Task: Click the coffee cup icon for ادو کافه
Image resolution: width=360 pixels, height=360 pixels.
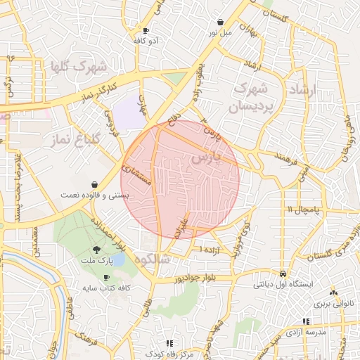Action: [146, 30]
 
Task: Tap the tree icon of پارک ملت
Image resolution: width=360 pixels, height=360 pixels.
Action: [96, 249]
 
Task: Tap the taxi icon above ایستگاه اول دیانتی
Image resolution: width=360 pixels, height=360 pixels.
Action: [283, 273]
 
